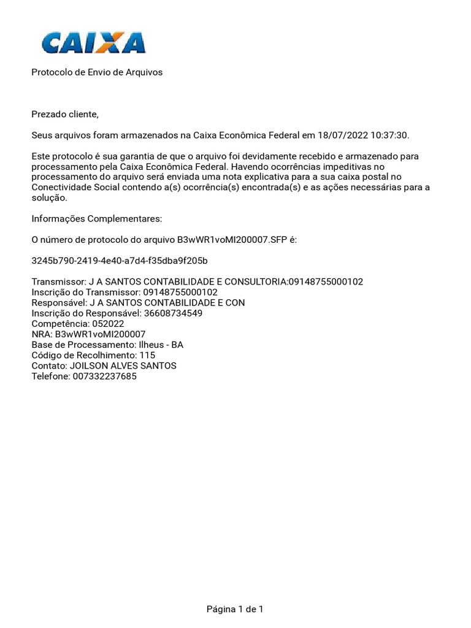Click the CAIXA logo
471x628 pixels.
(x=93, y=43)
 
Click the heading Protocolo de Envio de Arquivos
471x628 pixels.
(x=97, y=72)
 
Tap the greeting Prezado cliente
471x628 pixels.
(x=64, y=114)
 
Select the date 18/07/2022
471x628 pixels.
(x=340, y=135)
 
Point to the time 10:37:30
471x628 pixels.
(x=390, y=135)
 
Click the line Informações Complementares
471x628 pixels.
(x=97, y=219)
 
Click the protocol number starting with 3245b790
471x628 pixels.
(x=120, y=261)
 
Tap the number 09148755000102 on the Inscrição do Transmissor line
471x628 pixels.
(x=180, y=293)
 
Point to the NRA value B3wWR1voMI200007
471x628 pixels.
(x=100, y=334)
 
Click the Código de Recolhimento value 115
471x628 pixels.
(x=147, y=355)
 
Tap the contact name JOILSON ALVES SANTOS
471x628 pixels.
(x=123, y=366)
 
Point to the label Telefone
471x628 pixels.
(x=50, y=376)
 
